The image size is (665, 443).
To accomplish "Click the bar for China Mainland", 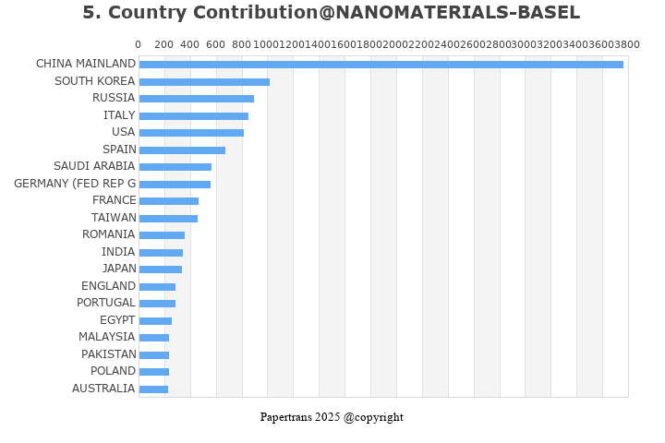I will tap(381, 65).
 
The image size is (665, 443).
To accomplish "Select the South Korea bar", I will tap(204, 82).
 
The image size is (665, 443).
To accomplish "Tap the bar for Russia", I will tap(196, 99).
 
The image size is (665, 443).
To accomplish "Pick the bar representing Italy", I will tap(193, 116).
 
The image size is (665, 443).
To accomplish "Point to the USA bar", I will tap(191, 133).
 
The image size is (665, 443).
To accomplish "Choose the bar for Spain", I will tap(182, 150).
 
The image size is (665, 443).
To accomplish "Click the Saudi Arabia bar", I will tap(175, 167).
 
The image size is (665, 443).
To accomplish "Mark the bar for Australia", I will tap(153, 389).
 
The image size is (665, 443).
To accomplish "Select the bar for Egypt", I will tap(155, 321).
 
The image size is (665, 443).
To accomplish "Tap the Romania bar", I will tap(162, 235).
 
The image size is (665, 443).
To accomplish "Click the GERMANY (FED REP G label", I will tap(75, 184).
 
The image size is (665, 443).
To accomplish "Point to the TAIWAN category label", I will tap(114, 218).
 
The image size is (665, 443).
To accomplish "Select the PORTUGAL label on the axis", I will tap(106, 303).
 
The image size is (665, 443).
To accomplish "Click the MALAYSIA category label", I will tap(107, 337).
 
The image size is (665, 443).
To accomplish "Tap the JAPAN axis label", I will tap(119, 269).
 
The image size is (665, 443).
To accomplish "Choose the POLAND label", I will tap(113, 371).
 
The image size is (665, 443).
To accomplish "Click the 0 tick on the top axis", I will tap(139, 45).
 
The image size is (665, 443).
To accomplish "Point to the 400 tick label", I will tap(189, 45).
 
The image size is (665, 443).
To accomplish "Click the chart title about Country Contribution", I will tap(331, 13).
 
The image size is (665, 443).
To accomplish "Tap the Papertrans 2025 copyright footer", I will tap(332, 417).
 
